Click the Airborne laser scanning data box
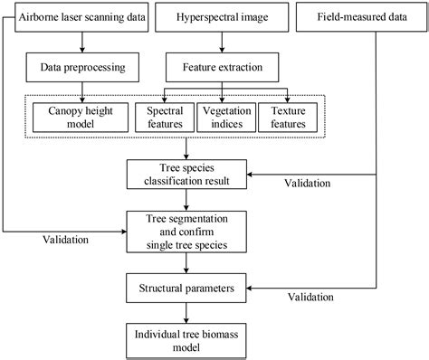(x=82, y=18)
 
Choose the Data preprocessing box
(x=82, y=67)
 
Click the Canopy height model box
(x=82, y=118)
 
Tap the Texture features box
(x=287, y=118)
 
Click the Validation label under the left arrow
(x=67, y=241)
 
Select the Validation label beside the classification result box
(x=306, y=185)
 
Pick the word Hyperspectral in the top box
(x=200, y=18)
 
